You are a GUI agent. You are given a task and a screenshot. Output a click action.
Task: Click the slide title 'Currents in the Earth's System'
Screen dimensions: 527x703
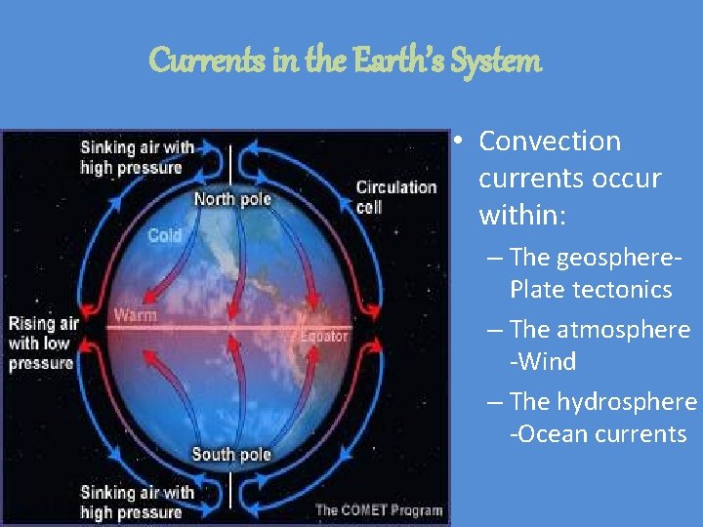[344, 61]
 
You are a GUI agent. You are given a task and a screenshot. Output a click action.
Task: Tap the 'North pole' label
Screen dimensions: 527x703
[231, 199]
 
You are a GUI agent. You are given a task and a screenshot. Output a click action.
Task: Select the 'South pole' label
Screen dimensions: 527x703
[230, 454]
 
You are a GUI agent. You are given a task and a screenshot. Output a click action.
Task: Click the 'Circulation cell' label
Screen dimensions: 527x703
[395, 195]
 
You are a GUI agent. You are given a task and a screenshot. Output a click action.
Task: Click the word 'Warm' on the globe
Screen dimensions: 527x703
[135, 315]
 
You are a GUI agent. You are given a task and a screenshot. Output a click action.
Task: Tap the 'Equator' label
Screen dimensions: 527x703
[323, 337]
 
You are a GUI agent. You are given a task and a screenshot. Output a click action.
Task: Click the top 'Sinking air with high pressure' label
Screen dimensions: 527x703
[137, 157]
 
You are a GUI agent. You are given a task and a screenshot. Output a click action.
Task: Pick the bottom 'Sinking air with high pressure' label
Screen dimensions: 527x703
[137, 503]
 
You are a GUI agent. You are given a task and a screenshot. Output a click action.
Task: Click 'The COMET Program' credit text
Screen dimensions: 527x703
[378, 509]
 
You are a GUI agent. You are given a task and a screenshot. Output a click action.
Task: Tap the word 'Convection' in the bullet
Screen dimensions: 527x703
[550, 142]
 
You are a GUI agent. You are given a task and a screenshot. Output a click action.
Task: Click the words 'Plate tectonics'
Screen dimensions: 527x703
[591, 290]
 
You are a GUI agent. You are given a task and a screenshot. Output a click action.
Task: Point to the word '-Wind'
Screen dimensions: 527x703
[543, 362]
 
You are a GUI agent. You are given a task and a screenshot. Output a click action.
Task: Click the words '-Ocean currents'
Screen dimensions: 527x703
[598, 434]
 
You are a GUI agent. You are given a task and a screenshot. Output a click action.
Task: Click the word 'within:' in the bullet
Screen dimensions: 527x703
[521, 215]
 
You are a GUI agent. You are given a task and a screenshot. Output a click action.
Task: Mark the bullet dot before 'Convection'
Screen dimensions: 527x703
[457, 142]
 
